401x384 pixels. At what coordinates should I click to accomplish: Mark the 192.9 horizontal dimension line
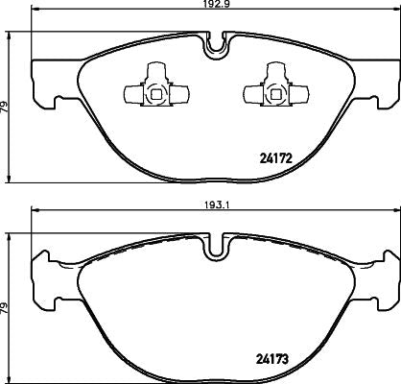(x=115, y=14)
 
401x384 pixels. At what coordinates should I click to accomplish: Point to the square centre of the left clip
(x=154, y=93)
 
